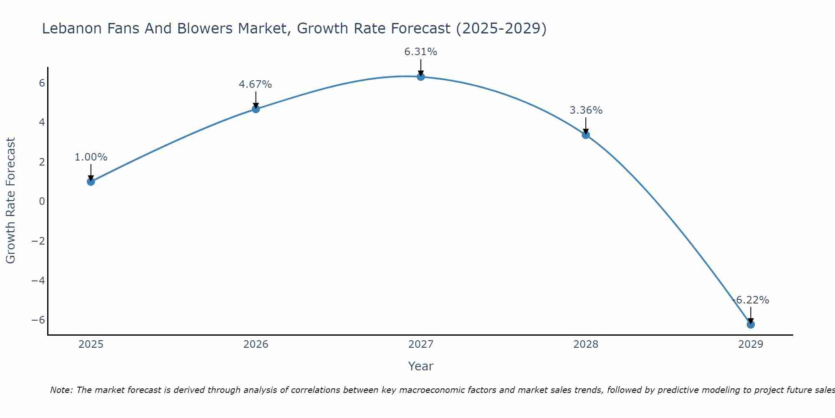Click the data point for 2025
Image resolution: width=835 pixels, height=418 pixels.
click(x=91, y=181)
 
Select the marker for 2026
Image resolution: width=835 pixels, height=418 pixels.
click(x=256, y=109)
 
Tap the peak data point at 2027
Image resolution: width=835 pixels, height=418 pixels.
click(x=420, y=76)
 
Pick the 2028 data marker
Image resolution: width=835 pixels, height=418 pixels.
click(x=585, y=135)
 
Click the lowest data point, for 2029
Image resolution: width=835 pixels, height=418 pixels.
click(x=750, y=324)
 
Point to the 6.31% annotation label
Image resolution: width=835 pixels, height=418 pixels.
click(x=420, y=52)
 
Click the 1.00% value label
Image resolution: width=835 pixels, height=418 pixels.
click(x=91, y=157)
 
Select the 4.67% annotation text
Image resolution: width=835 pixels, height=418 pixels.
click(x=255, y=84)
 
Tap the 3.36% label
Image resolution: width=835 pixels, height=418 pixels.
click(x=586, y=110)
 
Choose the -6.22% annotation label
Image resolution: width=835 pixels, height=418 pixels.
click(x=751, y=300)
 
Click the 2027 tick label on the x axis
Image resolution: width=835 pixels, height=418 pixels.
click(x=420, y=344)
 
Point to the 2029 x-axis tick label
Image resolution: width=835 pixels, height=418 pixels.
click(x=750, y=344)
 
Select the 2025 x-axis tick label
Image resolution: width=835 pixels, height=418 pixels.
click(x=91, y=344)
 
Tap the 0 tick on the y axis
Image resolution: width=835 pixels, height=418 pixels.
click(x=42, y=201)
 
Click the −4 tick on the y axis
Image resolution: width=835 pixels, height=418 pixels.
click(x=38, y=280)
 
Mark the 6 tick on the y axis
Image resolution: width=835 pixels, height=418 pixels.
click(x=42, y=83)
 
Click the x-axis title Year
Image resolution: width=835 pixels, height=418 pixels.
click(x=420, y=366)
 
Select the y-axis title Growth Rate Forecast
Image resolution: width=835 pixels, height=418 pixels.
click(x=10, y=201)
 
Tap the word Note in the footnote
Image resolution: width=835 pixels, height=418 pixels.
click(x=61, y=390)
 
